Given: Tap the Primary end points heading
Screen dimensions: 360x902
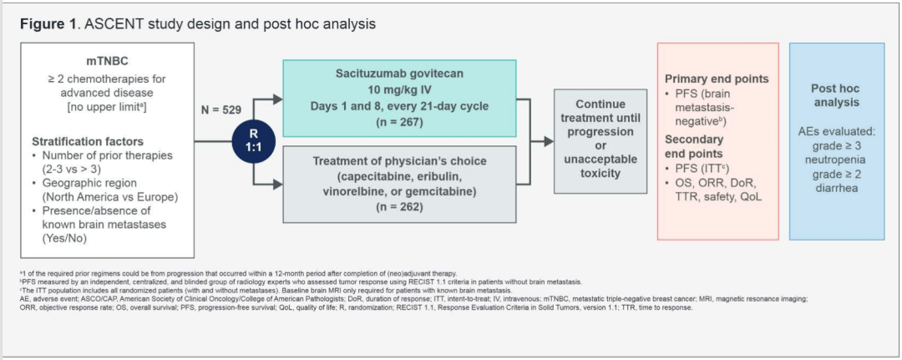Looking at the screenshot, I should (x=717, y=79).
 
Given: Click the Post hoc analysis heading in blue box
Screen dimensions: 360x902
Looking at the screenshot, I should (x=835, y=95).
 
